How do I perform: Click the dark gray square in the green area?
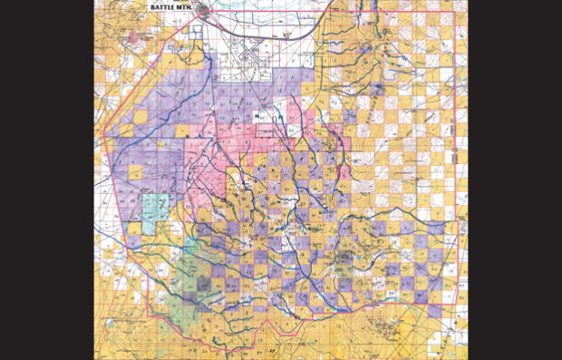[207, 284]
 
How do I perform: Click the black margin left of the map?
[45, 181]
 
